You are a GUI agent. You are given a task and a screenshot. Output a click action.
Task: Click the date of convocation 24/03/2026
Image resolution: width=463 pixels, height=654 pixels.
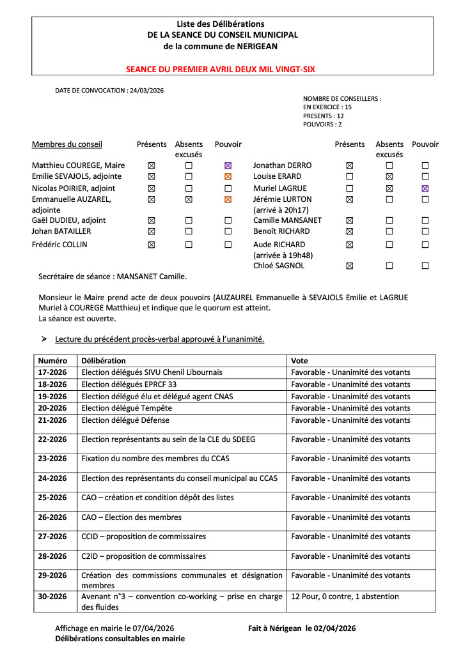(x=146, y=91)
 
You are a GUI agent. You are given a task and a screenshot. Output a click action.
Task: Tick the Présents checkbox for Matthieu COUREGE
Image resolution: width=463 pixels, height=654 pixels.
(x=152, y=165)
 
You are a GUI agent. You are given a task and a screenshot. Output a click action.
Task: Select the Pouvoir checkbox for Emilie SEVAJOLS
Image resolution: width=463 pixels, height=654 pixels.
(x=228, y=176)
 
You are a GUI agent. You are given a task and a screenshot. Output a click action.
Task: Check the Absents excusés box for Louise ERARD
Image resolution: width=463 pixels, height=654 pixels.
(x=389, y=176)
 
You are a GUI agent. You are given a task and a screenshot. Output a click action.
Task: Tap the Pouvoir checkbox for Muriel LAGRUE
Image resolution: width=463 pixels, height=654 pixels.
(x=425, y=188)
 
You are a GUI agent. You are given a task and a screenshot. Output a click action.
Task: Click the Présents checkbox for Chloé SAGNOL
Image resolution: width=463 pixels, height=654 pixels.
(x=349, y=266)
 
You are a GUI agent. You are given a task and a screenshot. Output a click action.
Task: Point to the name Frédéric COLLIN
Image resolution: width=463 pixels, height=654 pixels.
(x=59, y=245)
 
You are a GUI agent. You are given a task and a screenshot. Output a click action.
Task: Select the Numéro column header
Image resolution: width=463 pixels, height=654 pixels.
(x=52, y=361)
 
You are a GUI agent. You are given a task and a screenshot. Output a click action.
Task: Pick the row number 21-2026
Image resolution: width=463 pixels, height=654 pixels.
(x=52, y=420)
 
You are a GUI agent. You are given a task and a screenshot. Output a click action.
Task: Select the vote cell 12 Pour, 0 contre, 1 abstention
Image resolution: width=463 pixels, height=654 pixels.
(x=345, y=597)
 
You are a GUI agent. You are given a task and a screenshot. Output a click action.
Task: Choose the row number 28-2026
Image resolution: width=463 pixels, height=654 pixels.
(x=52, y=556)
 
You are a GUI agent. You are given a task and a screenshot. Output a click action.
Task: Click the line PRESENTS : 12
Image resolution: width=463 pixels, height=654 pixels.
(x=324, y=116)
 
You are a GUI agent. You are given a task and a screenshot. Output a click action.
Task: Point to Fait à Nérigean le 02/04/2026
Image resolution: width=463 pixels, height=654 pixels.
(x=302, y=629)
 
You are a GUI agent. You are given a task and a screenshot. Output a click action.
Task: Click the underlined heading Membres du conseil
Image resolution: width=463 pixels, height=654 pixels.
(x=67, y=144)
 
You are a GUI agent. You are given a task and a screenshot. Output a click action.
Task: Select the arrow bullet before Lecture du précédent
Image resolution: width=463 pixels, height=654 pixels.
(x=45, y=339)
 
